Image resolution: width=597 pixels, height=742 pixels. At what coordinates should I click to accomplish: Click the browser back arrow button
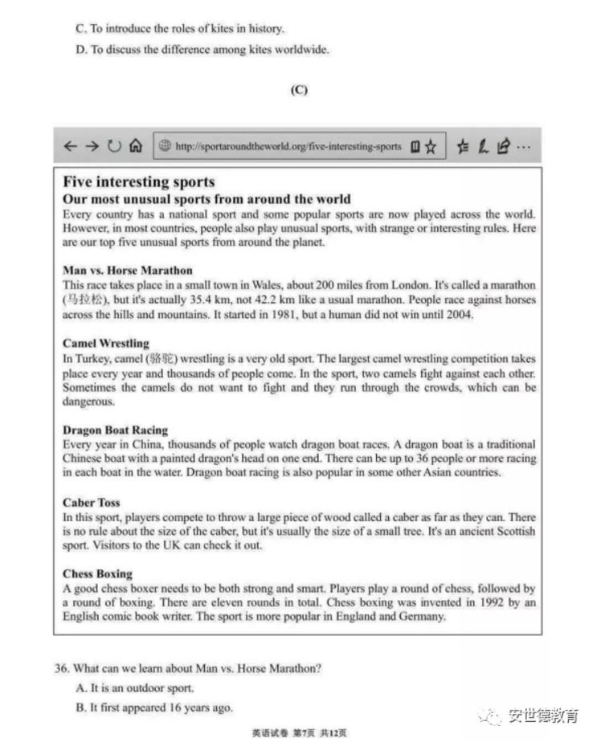pyautogui.click(x=71, y=147)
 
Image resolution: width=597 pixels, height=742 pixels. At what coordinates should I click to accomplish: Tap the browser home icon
pyautogui.click(x=136, y=147)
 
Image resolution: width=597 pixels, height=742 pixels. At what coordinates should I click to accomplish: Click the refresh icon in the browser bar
pyautogui.click(x=114, y=147)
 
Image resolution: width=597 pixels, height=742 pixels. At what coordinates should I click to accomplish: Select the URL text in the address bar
pyautogui.click(x=288, y=147)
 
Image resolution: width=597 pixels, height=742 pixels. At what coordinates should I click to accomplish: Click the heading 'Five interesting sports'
pyautogui.click(x=139, y=182)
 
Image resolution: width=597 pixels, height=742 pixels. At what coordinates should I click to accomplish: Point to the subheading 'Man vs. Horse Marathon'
pyautogui.click(x=128, y=271)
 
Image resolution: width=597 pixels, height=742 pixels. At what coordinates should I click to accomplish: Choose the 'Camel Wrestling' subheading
pyautogui.click(x=106, y=344)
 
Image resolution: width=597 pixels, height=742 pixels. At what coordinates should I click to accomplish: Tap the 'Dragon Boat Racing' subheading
pyautogui.click(x=115, y=430)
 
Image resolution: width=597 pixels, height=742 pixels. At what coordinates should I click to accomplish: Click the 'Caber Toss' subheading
pyautogui.click(x=92, y=503)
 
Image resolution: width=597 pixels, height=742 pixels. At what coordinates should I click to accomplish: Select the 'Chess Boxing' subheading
pyautogui.click(x=97, y=574)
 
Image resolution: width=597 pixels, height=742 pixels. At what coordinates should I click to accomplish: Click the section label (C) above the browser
pyautogui.click(x=299, y=90)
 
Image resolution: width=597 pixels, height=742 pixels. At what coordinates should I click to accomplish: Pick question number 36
pyautogui.click(x=62, y=668)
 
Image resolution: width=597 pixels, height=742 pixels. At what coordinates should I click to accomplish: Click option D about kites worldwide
pyautogui.click(x=202, y=50)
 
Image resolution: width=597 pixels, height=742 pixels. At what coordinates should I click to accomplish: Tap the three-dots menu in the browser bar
pyautogui.click(x=523, y=147)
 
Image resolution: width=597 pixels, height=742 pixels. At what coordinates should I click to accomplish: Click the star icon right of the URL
pyautogui.click(x=431, y=147)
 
